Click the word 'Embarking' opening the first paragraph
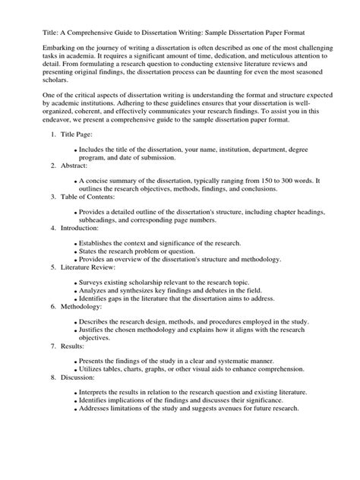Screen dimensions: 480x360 (43, 48)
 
